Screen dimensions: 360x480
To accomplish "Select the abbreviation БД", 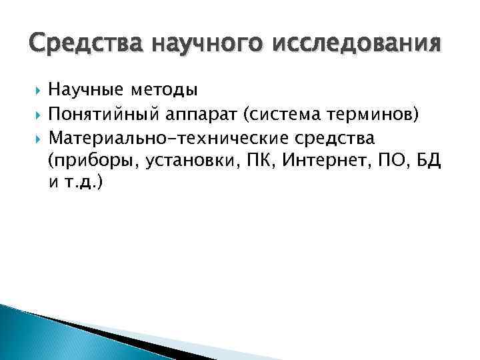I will click(426, 161).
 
